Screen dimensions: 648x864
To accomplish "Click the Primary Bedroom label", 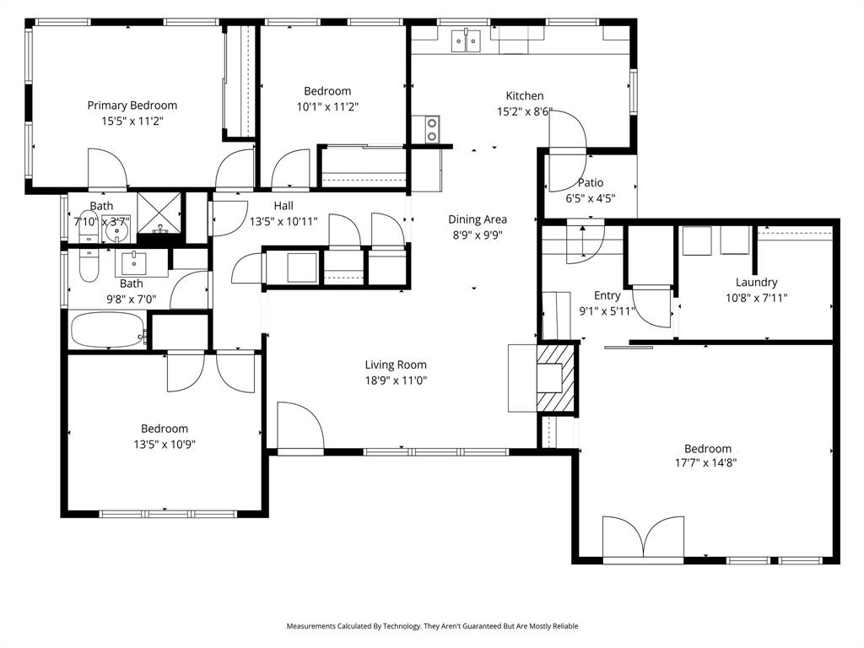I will coord(132,105).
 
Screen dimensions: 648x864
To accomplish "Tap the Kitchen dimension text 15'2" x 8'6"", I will coord(524,111).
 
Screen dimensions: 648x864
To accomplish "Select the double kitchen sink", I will coord(466,39).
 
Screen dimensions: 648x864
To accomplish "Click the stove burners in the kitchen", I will coord(431,129).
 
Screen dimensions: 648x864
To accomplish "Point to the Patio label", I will coord(591,182).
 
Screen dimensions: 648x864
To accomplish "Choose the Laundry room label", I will coord(756,283).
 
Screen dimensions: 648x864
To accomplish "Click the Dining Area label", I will coord(477,220).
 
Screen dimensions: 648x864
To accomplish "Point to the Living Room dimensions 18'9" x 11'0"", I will coord(396,381).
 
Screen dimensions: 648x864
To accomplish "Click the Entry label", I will coord(607,295).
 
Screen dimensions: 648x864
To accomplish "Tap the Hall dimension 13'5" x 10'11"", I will coord(283,222).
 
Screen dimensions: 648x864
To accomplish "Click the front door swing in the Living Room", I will coord(299,428).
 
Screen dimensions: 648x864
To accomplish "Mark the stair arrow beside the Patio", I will coord(582,241).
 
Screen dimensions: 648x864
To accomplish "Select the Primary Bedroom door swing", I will coord(107,169).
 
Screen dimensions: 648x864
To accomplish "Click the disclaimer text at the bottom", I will coord(432,626).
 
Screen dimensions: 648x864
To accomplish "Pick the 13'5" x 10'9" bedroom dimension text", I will coord(165,444).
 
